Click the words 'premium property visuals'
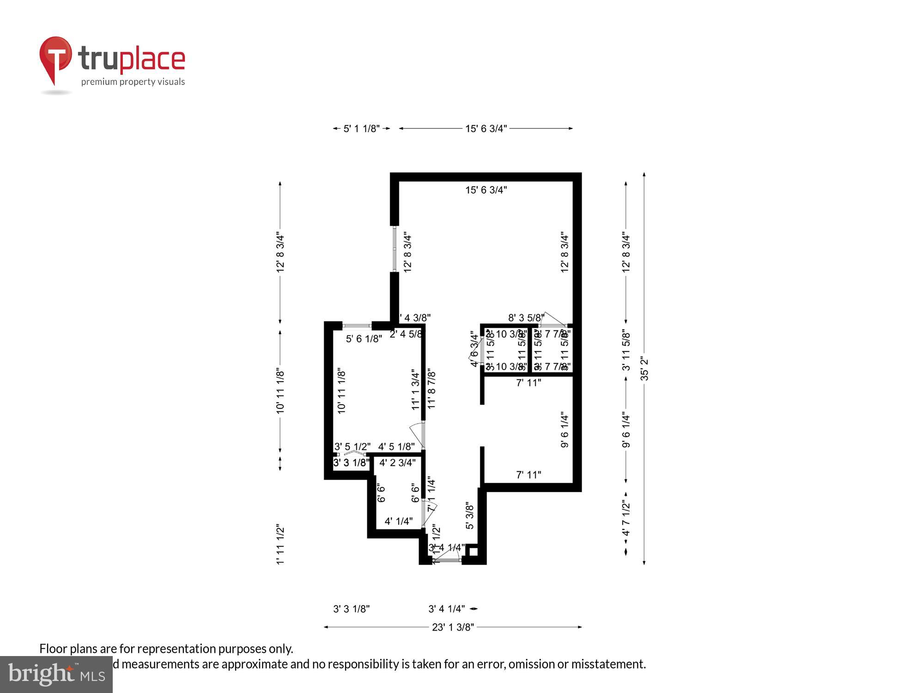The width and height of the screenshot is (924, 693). click(133, 82)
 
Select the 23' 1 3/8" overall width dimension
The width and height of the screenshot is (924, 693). click(453, 627)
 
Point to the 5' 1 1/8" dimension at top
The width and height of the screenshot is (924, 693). click(361, 128)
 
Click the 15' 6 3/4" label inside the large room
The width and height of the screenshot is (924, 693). click(486, 190)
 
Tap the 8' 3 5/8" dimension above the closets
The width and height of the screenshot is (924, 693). click(526, 318)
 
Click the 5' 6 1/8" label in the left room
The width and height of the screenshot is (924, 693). click(364, 339)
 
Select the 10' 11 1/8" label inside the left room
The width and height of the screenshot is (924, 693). click(341, 391)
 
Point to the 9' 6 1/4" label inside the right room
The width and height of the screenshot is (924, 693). click(565, 430)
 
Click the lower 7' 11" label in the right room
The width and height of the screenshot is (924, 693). click(529, 474)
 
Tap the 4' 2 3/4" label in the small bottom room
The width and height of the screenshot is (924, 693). click(397, 462)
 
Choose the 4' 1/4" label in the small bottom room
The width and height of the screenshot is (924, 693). click(398, 521)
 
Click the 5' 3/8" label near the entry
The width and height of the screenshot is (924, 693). click(469, 516)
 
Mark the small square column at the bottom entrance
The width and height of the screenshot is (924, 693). click(473, 551)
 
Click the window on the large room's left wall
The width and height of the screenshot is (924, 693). click(394, 249)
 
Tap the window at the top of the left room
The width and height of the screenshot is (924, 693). click(357, 326)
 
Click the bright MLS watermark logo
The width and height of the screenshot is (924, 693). click(56, 675)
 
